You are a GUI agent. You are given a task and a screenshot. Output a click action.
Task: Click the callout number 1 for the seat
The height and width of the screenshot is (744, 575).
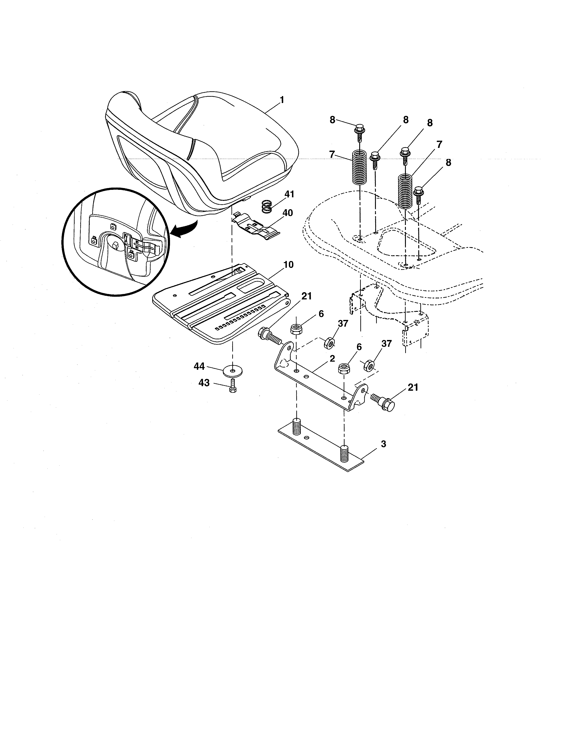(x=281, y=100)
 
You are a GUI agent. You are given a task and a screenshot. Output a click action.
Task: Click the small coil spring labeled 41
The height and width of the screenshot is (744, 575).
(x=267, y=207)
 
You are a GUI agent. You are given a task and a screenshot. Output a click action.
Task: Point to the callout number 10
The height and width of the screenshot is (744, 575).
(x=288, y=265)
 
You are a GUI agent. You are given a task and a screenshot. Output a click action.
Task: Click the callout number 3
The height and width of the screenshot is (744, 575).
(x=383, y=444)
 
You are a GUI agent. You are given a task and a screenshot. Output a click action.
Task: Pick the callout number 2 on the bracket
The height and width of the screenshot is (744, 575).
(x=332, y=358)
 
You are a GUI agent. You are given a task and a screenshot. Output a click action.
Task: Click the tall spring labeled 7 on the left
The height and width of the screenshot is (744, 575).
(x=359, y=167)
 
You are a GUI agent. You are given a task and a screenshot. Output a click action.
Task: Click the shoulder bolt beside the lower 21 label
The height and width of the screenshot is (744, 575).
(x=384, y=402)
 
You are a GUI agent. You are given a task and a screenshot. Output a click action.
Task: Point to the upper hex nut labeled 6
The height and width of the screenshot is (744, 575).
(x=295, y=329)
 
